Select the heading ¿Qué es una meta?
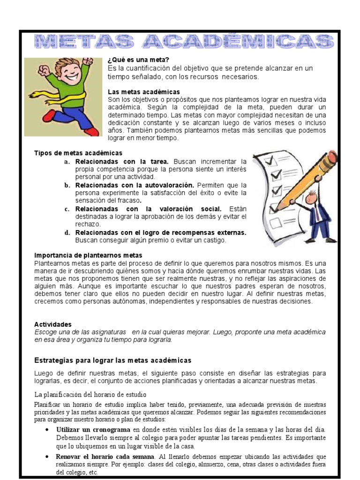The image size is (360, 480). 138,60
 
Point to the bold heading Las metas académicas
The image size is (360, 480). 144,92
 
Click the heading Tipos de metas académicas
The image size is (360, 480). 78,153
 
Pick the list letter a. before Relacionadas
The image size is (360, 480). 67,162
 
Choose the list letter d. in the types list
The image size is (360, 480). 67,233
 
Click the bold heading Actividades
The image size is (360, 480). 53,324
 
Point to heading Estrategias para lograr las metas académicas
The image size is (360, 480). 113,360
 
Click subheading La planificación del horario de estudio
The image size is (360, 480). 91,394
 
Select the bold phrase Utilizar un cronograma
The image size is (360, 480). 93,429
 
